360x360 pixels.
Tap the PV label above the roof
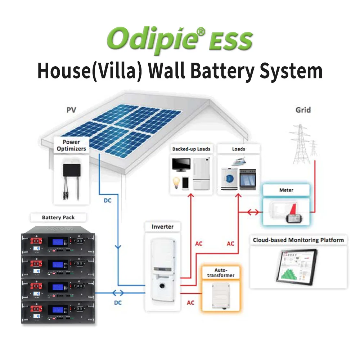tap(71, 110)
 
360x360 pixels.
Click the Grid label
tap(303, 110)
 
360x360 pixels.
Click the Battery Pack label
tap(58, 217)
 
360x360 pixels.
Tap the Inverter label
tap(162, 227)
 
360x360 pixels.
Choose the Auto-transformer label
tap(219, 273)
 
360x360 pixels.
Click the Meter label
tap(286, 190)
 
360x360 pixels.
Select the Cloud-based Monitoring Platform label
tap(298, 240)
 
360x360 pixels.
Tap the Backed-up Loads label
tap(191, 149)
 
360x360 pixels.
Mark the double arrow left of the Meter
tap(252, 212)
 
